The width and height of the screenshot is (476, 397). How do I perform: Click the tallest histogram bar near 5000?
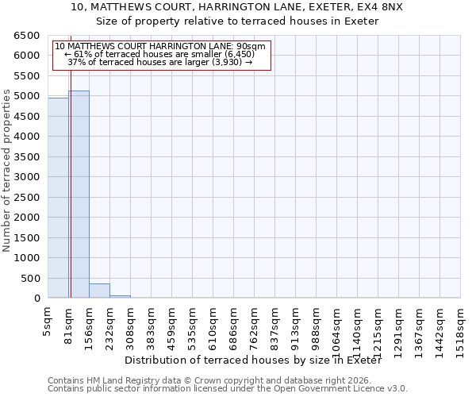(x=79, y=195)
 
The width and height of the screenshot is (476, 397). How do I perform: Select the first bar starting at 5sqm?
(x=58, y=198)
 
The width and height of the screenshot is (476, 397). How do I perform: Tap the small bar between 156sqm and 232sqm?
(x=99, y=291)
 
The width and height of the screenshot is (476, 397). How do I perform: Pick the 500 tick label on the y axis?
(x=33, y=279)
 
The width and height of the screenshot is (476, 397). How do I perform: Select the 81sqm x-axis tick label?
(x=69, y=326)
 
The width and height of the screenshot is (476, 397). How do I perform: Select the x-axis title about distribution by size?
(x=253, y=360)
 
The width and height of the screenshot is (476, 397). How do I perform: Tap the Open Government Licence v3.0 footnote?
(x=227, y=389)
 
